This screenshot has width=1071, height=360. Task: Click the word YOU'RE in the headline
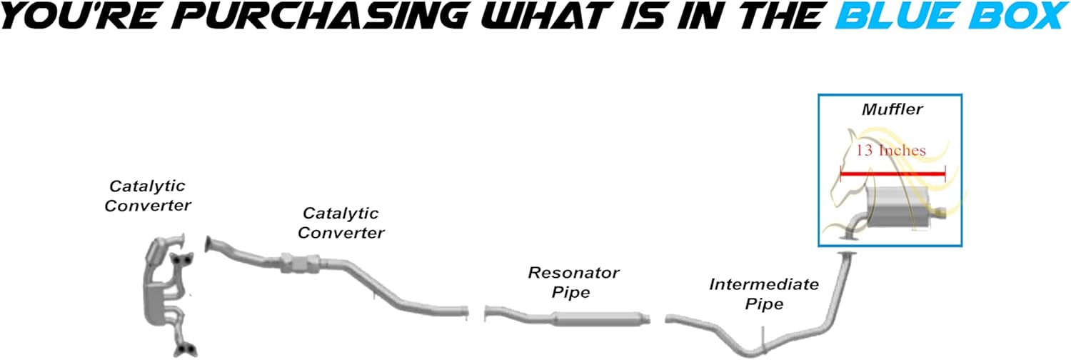click(74, 16)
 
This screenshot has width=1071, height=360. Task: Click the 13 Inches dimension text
click(890, 151)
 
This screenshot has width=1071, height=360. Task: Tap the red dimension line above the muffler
click(892, 173)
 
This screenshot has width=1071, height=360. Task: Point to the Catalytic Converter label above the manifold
click(147, 196)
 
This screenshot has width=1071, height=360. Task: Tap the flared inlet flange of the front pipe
click(211, 245)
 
